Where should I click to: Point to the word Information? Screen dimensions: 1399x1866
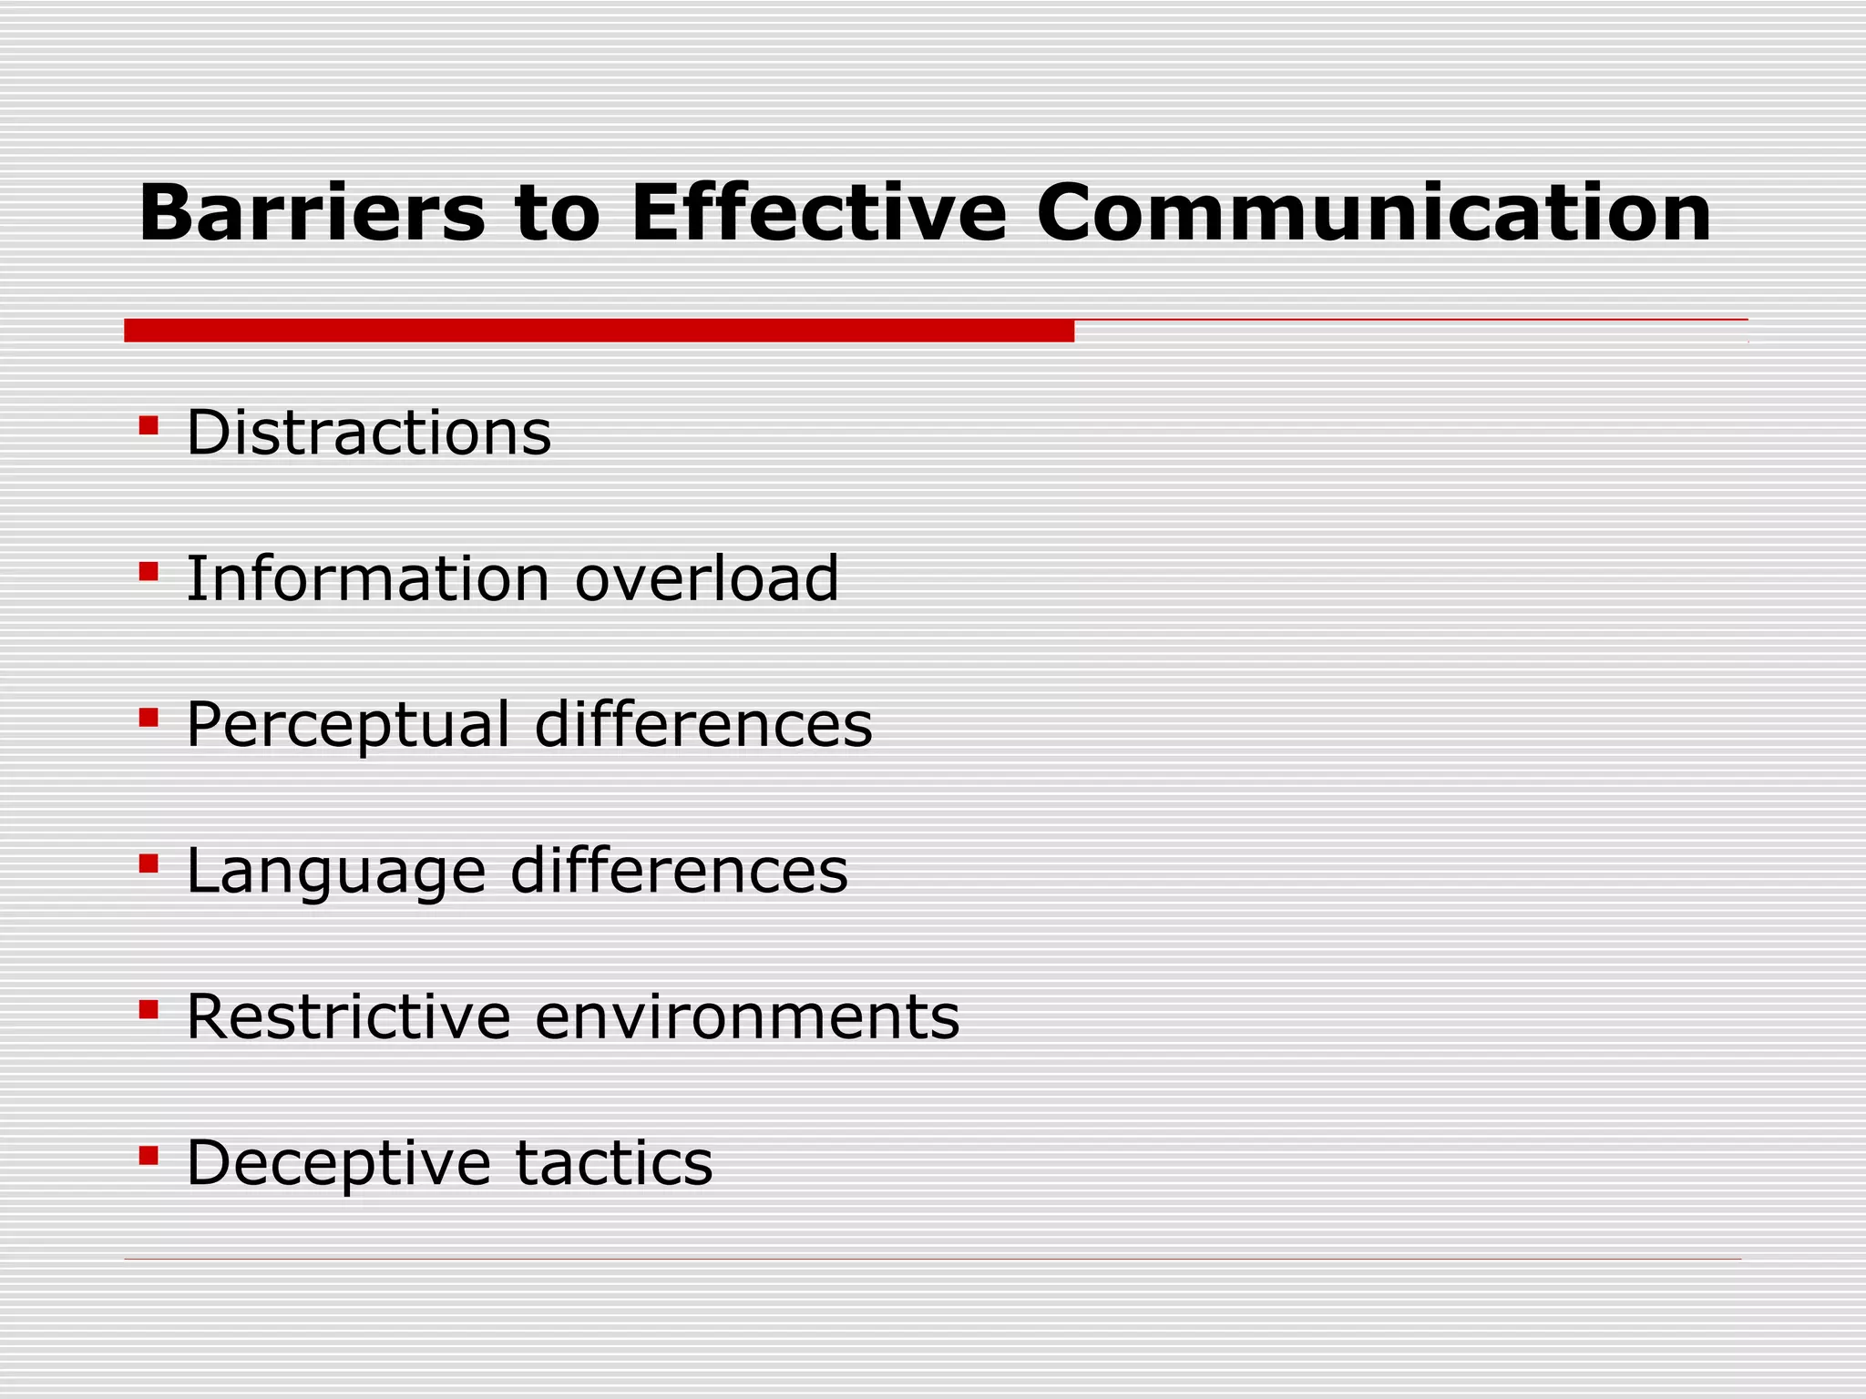(x=367, y=578)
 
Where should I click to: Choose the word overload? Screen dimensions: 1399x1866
(x=706, y=578)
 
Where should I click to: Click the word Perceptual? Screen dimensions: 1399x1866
(x=347, y=726)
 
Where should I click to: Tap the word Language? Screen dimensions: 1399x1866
(x=335, y=872)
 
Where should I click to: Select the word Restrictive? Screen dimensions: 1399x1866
(x=348, y=1016)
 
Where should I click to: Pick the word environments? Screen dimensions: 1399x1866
(x=747, y=1016)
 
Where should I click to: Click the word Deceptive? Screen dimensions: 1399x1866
(x=338, y=1163)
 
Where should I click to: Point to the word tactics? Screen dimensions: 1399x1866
(x=614, y=1163)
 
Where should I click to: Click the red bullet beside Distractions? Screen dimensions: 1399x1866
(x=149, y=425)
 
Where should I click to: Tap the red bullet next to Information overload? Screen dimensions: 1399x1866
(x=149, y=572)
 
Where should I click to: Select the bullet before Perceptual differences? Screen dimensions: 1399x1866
(x=149, y=719)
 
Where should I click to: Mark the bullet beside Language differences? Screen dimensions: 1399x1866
(x=149, y=863)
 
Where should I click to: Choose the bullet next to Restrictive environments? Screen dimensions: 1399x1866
(x=149, y=1009)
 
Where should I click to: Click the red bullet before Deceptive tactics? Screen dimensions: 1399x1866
(x=149, y=1156)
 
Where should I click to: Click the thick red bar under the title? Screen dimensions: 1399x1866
(x=599, y=331)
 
